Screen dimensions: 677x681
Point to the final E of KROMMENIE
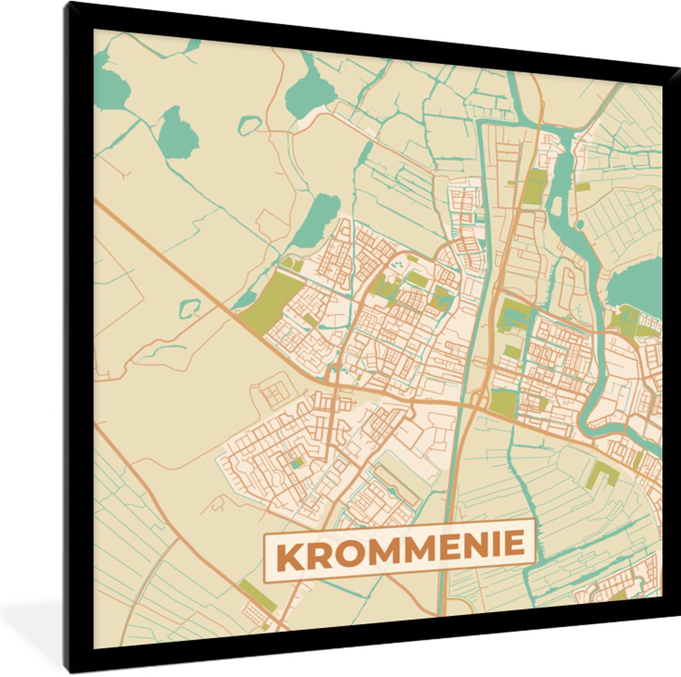pyautogui.click(x=514, y=544)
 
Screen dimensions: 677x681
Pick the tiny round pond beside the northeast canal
pyautogui.click(x=580, y=226)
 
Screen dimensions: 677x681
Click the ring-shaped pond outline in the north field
pyautogui.click(x=249, y=125)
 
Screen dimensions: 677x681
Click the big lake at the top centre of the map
pyautogui.click(x=309, y=94)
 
